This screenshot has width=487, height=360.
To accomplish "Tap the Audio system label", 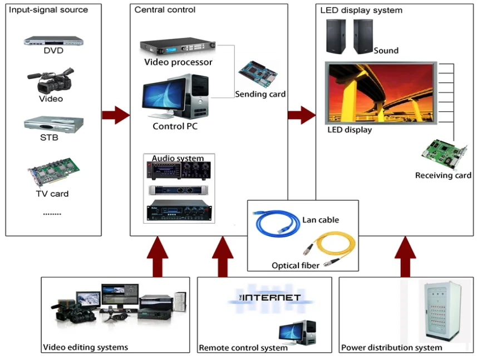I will click(x=178, y=159).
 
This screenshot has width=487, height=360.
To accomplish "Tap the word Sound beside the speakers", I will click(x=386, y=51).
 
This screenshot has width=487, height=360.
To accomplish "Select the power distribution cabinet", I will click(x=444, y=312).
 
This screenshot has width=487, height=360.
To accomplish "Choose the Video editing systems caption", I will click(x=86, y=347).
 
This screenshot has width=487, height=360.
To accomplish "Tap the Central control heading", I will click(x=165, y=10).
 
